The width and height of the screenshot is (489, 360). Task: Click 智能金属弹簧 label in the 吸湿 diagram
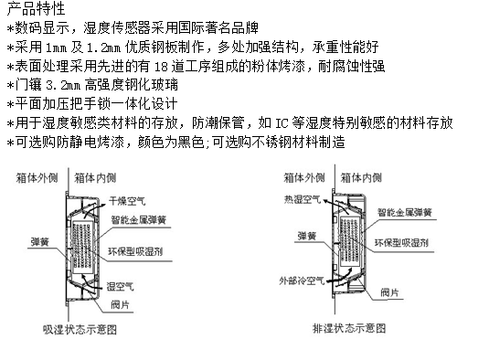(x=138, y=220)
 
